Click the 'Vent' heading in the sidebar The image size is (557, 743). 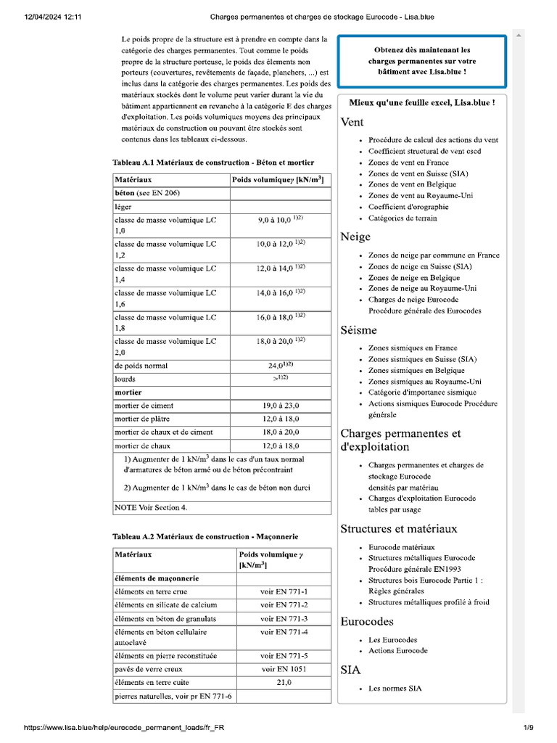coord(352,123)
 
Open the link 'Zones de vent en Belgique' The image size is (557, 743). coord(413,184)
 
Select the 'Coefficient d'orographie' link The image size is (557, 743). coord(408,207)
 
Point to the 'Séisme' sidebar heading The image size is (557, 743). coord(358,330)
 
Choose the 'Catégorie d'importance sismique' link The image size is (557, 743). coord(422,393)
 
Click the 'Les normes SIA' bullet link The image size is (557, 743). coord(395,688)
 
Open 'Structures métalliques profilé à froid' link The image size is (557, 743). coord(429,602)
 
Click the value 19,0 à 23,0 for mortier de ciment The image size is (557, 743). coord(280,406)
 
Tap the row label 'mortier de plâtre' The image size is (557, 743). coord(144,419)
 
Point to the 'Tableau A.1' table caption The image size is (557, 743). coord(213,163)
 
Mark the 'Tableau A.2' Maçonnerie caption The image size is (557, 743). coord(205,536)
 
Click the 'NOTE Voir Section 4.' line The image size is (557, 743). coord(151,507)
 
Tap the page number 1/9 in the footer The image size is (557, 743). coord(529,727)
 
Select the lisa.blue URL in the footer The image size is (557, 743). coord(129,727)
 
